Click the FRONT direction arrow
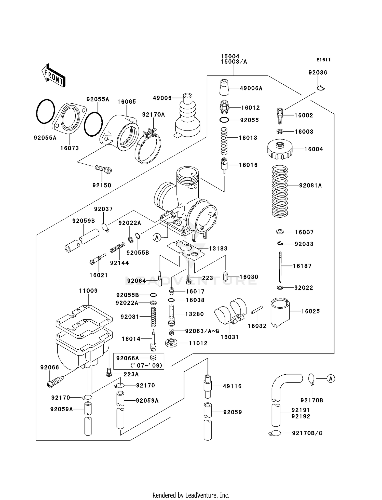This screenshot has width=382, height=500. pyautogui.click(x=53, y=75)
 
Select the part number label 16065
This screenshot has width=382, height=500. pyautogui.click(x=127, y=102)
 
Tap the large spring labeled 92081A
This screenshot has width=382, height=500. pyautogui.click(x=280, y=191)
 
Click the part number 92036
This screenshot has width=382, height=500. pyautogui.click(x=318, y=72)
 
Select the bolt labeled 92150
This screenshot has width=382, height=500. pyautogui.click(x=103, y=169)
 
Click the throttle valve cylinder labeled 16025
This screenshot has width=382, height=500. pyautogui.click(x=280, y=312)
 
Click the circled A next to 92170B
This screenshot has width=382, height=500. pyautogui.click(x=331, y=378)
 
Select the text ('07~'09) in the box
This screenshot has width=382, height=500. pyautogui.click(x=146, y=365)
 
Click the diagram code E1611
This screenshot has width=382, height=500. pyautogui.click(x=323, y=60)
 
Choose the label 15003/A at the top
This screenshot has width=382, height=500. pyautogui.click(x=234, y=62)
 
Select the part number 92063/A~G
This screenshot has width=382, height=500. pyautogui.click(x=202, y=331)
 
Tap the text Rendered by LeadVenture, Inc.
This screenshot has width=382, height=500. pyautogui.click(x=191, y=495)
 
